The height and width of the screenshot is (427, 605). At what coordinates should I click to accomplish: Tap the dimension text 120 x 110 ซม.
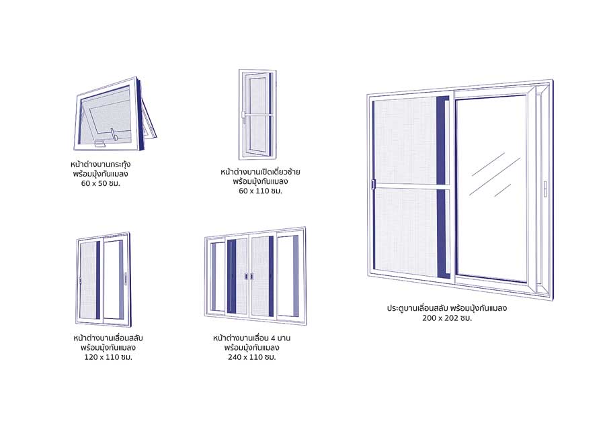(x=107, y=357)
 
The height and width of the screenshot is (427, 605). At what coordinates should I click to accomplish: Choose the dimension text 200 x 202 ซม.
(x=448, y=318)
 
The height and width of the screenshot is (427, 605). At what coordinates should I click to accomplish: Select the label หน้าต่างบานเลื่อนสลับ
(x=107, y=338)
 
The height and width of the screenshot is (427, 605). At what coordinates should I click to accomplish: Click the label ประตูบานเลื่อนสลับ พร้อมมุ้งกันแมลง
(x=446, y=308)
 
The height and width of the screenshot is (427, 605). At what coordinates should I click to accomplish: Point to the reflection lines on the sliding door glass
(x=495, y=173)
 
